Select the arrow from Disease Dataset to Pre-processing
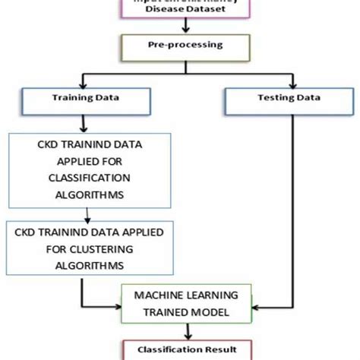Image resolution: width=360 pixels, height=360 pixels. point(181,25)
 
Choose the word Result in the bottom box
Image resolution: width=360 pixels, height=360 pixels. point(211,350)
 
